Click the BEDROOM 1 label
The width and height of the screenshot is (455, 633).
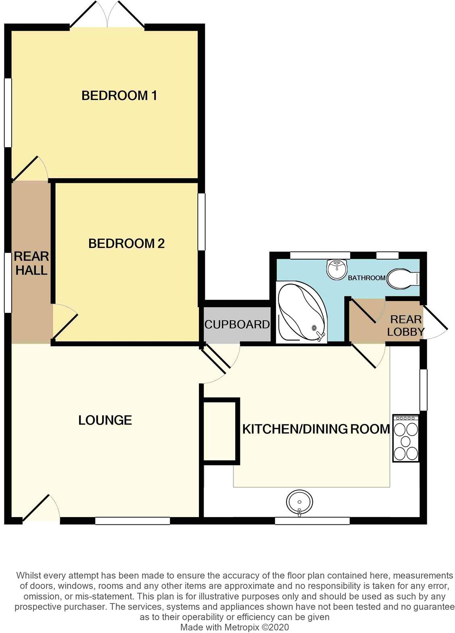pyautogui.click(x=119, y=96)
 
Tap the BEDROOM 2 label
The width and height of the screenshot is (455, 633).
pyautogui.click(x=126, y=243)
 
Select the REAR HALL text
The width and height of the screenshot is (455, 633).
pyautogui.click(x=31, y=263)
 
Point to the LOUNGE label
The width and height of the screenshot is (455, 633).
pyautogui.click(x=105, y=420)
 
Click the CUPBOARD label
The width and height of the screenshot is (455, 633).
pyautogui.click(x=237, y=324)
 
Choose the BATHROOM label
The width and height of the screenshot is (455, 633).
pyautogui.click(x=367, y=278)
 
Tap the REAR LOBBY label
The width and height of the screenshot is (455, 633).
pyautogui.click(x=405, y=325)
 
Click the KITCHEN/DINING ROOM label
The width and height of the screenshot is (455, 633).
pyautogui.click(x=316, y=429)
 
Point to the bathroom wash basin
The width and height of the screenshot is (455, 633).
pyautogui.click(x=336, y=269)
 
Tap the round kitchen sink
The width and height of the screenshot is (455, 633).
pyautogui.click(x=299, y=502)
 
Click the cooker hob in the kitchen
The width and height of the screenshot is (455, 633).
pyautogui.click(x=406, y=438)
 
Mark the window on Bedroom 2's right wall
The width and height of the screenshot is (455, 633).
pyautogui.click(x=201, y=222)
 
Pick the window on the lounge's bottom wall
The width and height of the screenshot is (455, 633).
pyautogui.click(x=132, y=521)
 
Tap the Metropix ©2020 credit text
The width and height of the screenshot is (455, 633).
pyautogui.click(x=234, y=627)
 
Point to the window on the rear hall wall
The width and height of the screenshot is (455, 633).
pyautogui.click(x=8, y=283)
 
